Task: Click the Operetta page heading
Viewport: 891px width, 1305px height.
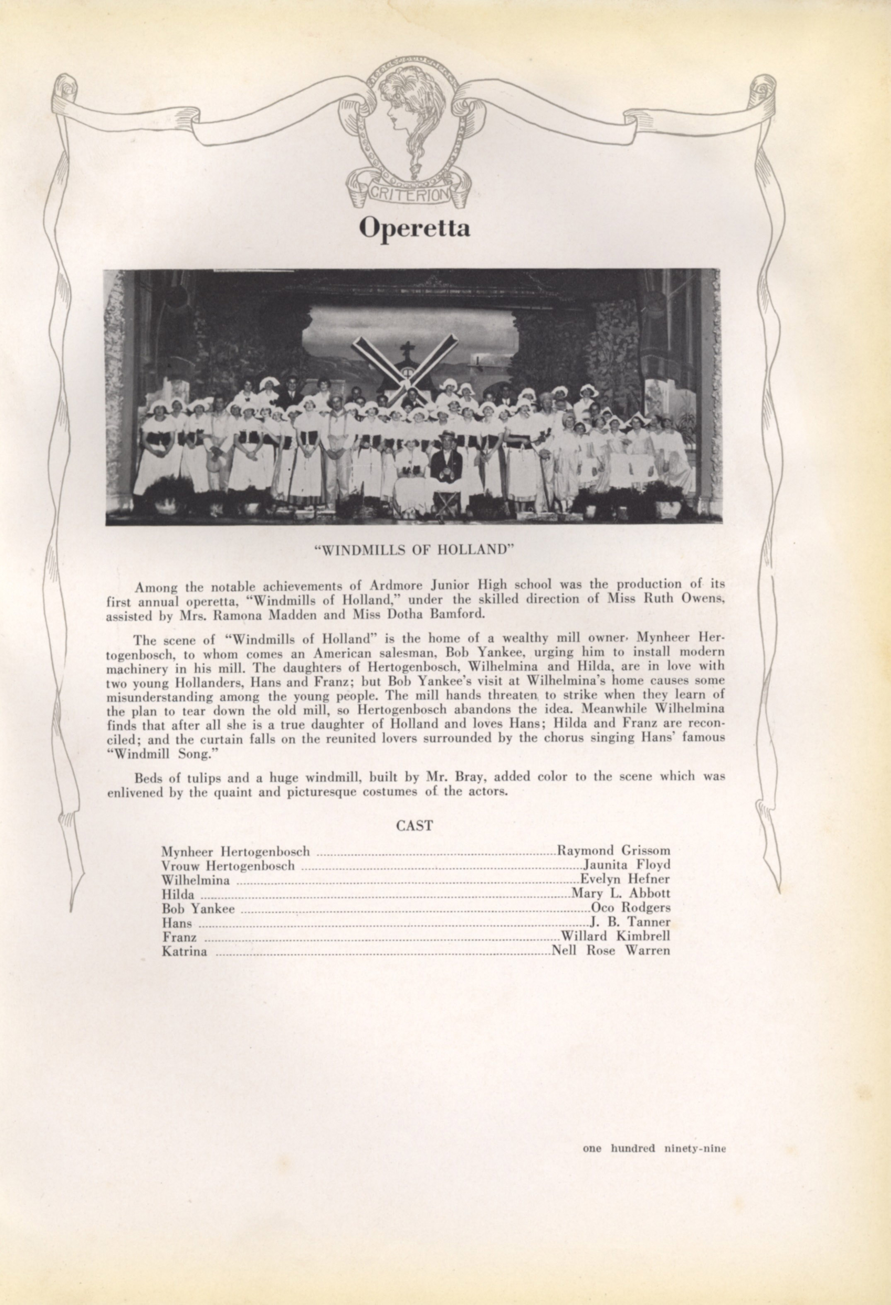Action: tap(414, 227)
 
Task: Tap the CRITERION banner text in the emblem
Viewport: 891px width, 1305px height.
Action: tap(409, 194)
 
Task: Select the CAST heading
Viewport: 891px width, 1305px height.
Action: tap(414, 825)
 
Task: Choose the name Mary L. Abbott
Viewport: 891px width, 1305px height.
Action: tap(621, 893)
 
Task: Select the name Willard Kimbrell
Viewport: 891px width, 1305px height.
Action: tap(616, 936)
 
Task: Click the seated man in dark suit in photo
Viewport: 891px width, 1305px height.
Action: tap(447, 463)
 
